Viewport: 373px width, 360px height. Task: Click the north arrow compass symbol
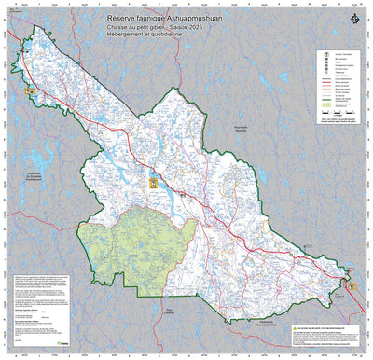pyautogui.click(x=352, y=20)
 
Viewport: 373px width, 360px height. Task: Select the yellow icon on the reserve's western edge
pyautogui.click(x=30, y=91)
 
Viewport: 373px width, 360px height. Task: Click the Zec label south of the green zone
pyautogui.click(x=171, y=312)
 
